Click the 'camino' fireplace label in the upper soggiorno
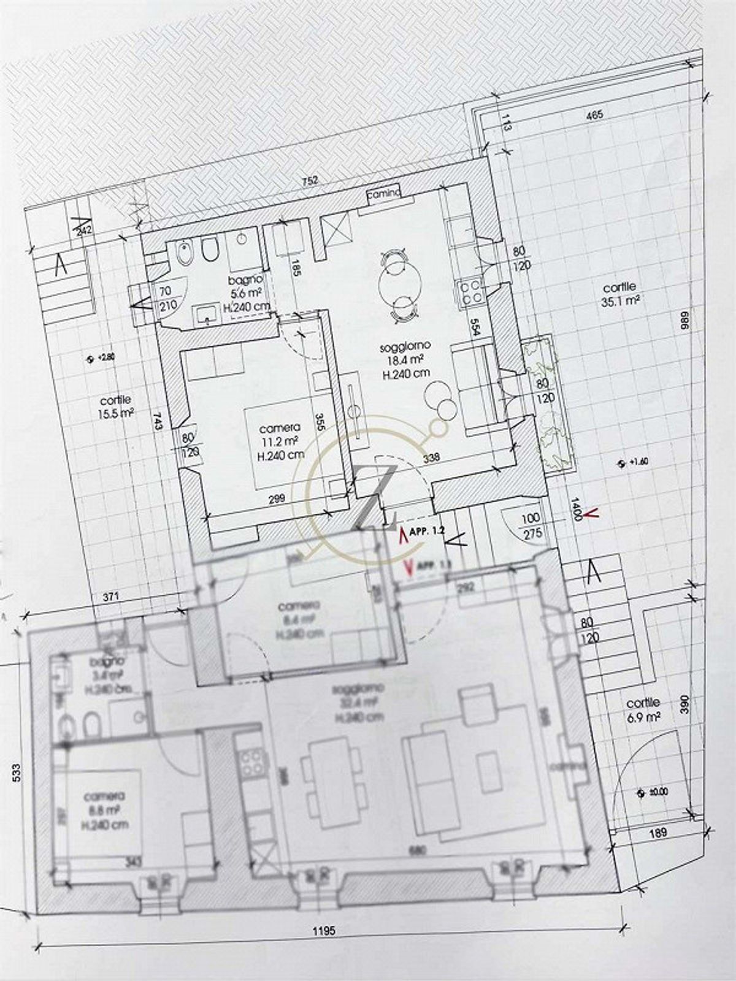pos(383,193)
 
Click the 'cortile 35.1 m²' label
pos(619,294)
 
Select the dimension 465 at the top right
pos(595,115)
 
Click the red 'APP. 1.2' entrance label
pos(429,532)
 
